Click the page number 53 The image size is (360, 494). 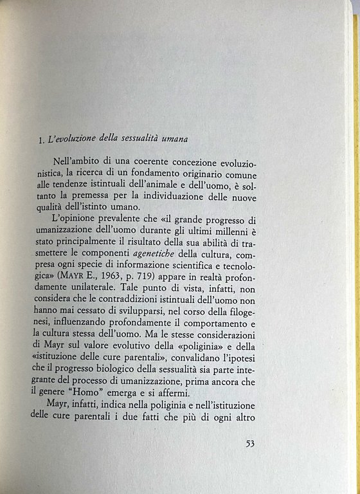click(253, 443)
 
